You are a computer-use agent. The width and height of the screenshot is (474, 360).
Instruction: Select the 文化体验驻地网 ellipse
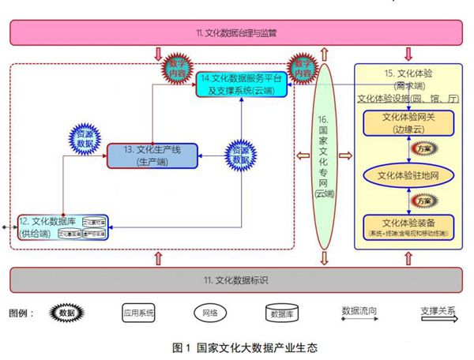point(408,173)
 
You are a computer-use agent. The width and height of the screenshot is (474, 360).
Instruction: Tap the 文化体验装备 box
point(407,226)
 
